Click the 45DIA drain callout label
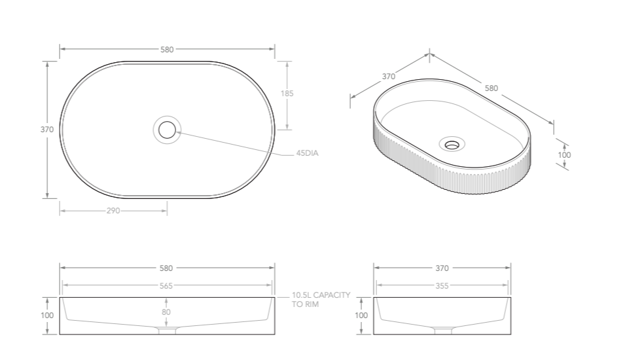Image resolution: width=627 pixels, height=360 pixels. [307, 153]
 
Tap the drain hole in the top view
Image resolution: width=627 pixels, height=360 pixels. [168, 129]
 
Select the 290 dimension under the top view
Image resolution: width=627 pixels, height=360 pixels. [113, 211]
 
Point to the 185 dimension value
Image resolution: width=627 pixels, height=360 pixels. [287, 94]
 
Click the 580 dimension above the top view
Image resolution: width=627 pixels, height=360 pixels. [167, 50]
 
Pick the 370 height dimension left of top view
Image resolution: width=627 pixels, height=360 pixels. [47, 130]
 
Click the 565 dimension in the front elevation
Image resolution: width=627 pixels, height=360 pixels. [166, 286]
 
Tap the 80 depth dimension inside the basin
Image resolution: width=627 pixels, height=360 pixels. [166, 312]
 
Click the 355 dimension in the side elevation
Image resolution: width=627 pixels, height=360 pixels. [442, 286]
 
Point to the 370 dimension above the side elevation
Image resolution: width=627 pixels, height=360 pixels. [442, 268]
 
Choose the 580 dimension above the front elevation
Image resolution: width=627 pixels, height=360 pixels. [166, 268]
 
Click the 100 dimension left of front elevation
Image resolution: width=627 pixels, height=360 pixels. [47, 315]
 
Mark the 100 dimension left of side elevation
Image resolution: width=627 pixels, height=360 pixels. [361, 315]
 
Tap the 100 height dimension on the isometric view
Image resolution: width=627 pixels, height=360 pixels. [564, 155]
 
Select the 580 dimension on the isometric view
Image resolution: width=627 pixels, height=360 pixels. [491, 88]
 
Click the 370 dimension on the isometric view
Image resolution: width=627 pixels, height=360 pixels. [389, 77]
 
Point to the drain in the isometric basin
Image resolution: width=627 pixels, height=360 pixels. [452, 143]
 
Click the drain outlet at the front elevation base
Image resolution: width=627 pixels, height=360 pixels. [168, 331]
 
